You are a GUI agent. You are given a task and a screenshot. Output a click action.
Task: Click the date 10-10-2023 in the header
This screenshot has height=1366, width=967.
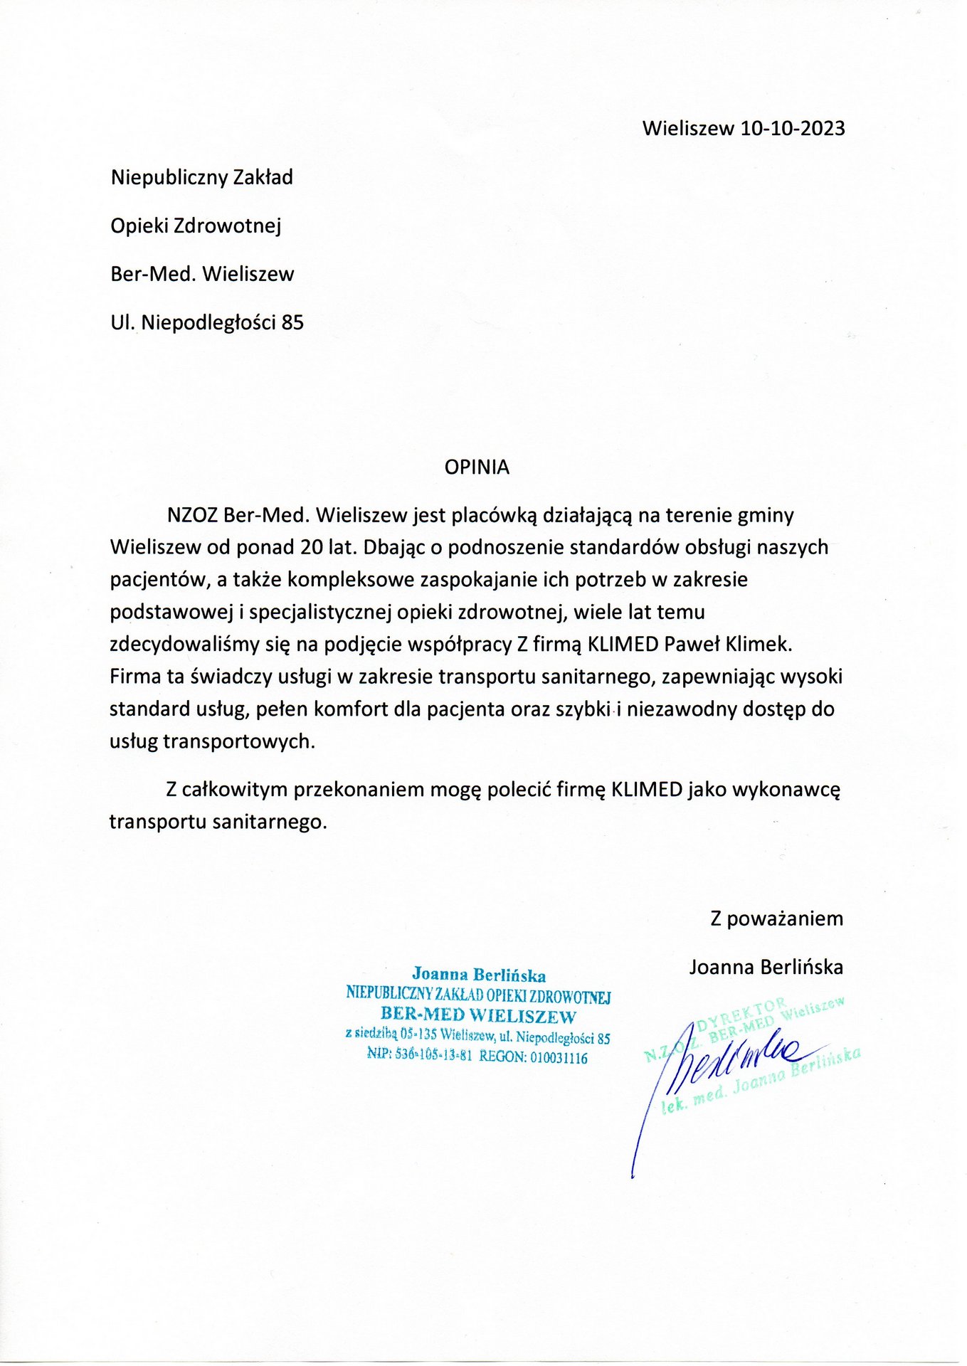tap(793, 128)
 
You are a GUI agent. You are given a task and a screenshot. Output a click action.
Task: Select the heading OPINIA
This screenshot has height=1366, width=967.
tap(477, 467)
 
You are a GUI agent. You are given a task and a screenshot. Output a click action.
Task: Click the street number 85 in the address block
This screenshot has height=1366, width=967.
tap(292, 323)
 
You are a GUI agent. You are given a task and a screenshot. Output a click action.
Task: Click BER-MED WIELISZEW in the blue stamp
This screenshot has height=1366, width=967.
tap(478, 1015)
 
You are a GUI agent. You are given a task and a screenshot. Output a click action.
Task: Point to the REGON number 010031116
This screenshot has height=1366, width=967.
tap(558, 1057)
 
